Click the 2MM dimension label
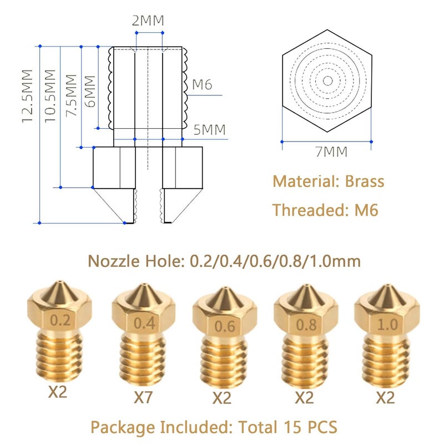(x=148, y=21)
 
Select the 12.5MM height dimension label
(x=28, y=96)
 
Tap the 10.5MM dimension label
(x=50, y=96)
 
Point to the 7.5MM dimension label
(x=72, y=95)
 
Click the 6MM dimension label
(x=90, y=92)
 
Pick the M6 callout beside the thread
(x=202, y=85)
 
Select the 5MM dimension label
(x=210, y=130)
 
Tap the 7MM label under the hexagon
(x=331, y=152)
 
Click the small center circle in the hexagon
(x=328, y=81)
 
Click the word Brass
(x=365, y=181)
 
